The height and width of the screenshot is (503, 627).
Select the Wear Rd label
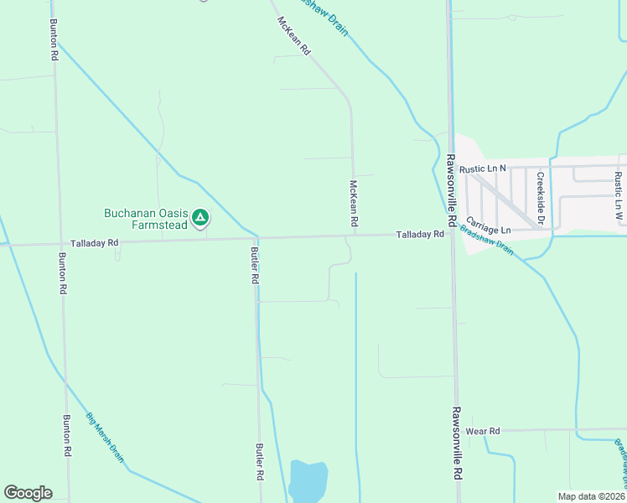[x=483, y=431]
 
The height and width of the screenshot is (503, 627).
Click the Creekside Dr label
[x=541, y=199]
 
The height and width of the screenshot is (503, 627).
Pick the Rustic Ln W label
[x=618, y=196]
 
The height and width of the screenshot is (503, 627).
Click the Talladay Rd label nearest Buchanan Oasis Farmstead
[x=96, y=241]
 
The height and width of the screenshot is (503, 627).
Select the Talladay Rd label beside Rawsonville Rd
[x=420, y=236]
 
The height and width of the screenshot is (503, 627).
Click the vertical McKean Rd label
[x=354, y=204]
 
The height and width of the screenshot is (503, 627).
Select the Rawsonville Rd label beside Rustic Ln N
[x=451, y=190]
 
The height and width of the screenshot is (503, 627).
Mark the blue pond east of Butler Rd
[x=308, y=481]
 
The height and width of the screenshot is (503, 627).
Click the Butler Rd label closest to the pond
[x=260, y=461]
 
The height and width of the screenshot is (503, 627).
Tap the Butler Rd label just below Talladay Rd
[x=253, y=265]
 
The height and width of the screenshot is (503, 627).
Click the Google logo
[x=28, y=493]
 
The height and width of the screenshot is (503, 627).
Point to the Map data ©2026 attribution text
[x=591, y=496]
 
